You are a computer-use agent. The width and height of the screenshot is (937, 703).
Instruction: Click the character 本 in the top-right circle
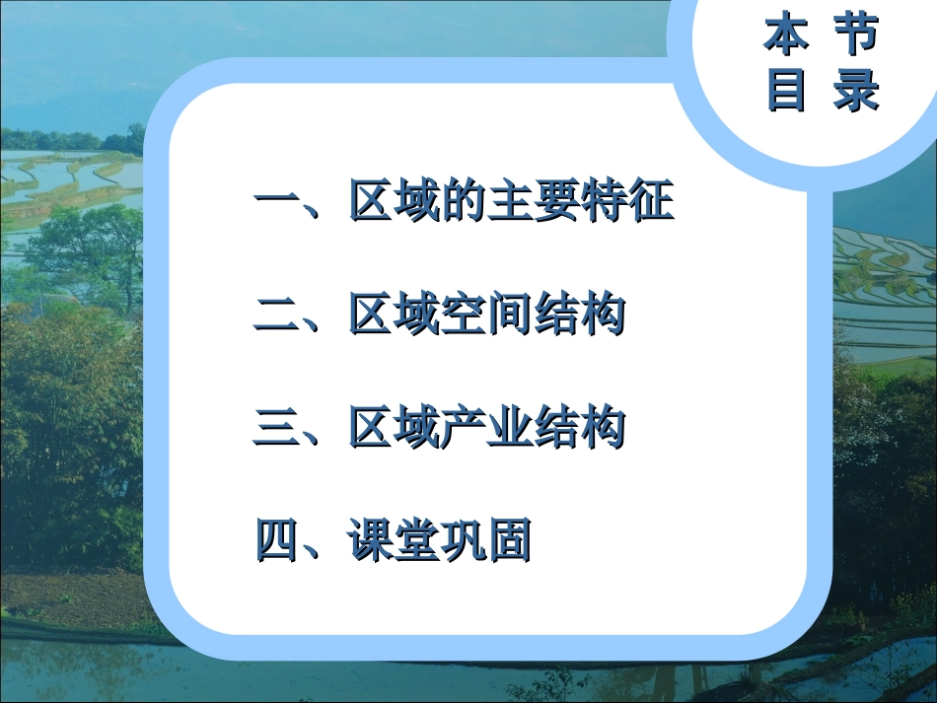pos(786,35)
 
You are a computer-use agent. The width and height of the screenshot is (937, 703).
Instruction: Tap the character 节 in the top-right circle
pos(854,35)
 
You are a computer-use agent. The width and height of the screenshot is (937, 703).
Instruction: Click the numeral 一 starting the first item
pos(277,204)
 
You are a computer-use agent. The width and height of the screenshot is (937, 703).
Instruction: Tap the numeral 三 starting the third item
pos(277,429)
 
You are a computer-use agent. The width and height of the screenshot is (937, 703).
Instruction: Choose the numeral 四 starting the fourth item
pos(277,541)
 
